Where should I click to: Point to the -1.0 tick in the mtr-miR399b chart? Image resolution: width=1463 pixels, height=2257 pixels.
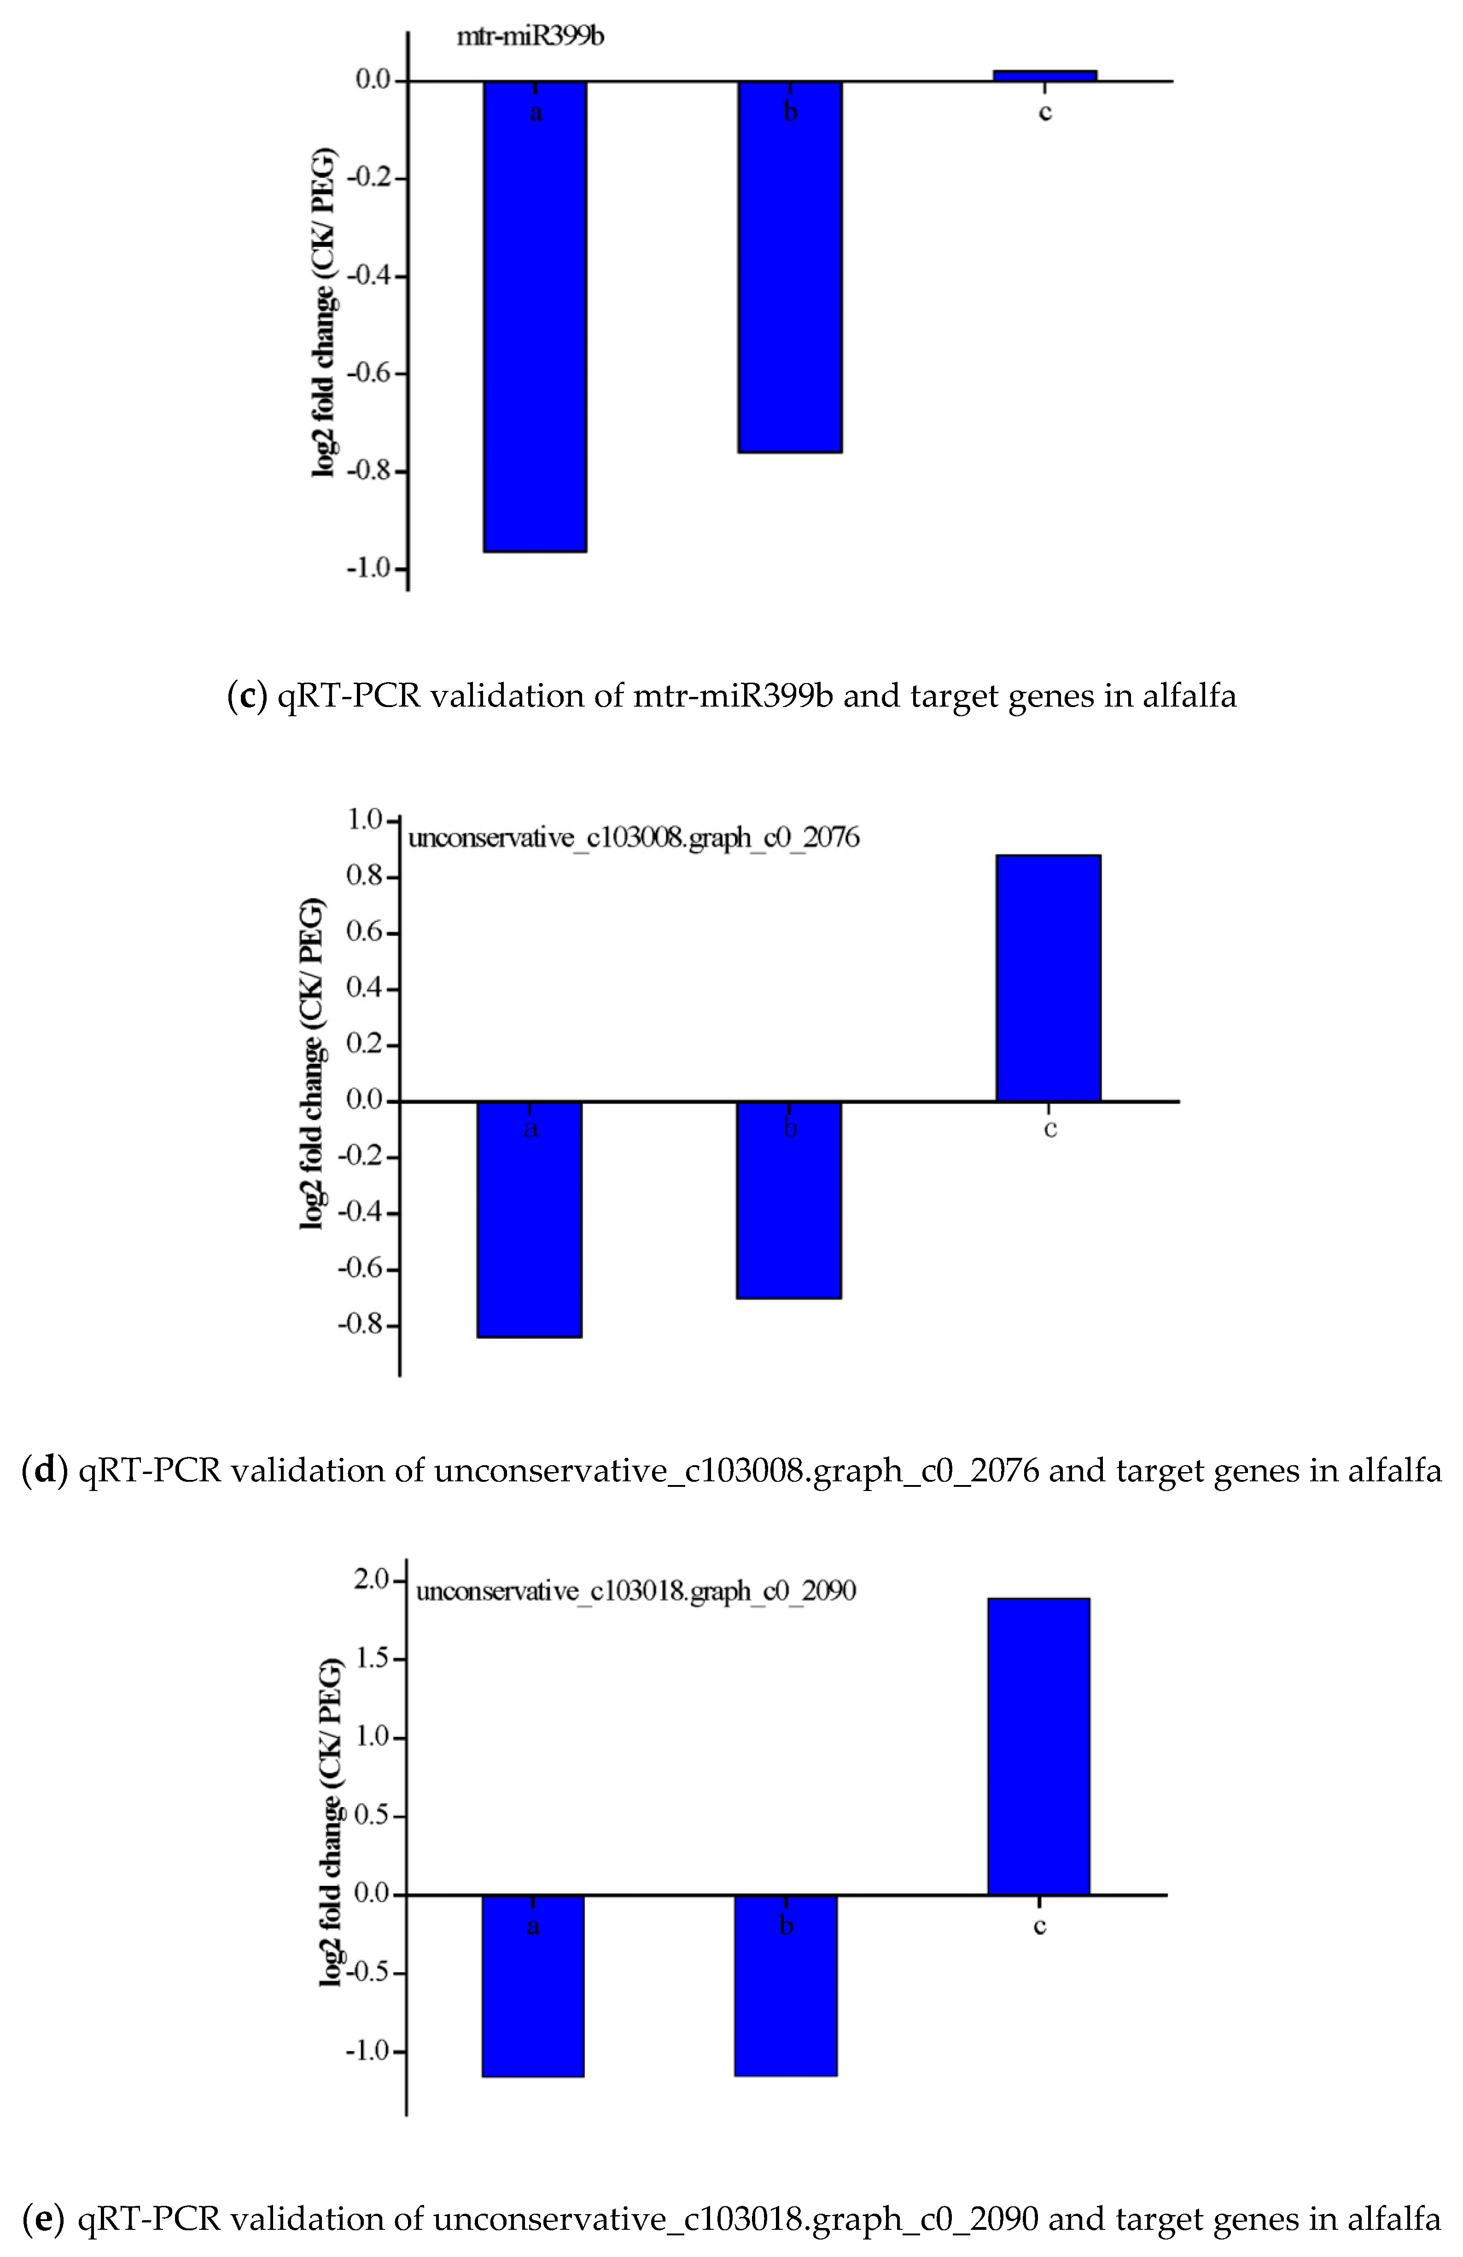pos(370,568)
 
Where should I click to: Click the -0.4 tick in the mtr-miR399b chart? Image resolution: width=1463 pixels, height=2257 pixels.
pos(370,276)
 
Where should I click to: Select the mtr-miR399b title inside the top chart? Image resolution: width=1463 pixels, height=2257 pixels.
pos(530,37)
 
